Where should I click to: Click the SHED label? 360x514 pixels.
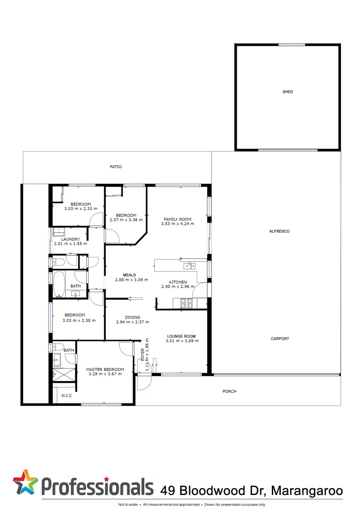tap(288, 92)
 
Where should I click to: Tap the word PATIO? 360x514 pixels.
tap(116, 167)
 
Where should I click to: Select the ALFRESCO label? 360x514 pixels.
tap(280, 231)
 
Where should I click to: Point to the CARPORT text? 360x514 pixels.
tap(280, 339)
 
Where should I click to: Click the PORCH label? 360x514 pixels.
tap(230, 392)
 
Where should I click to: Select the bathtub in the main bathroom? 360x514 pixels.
tap(60, 284)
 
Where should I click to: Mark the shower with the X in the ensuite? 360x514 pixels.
tap(64, 374)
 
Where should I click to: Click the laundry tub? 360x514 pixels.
tap(59, 232)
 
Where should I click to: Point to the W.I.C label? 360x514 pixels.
tap(66, 395)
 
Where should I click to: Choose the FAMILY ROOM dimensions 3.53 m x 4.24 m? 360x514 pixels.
tap(177, 224)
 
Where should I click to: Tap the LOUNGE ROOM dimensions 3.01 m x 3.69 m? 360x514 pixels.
tap(182, 341)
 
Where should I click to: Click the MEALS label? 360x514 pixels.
tap(130, 275)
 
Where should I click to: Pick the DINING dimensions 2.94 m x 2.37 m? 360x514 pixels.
tap(132, 322)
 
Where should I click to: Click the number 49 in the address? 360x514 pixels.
tap(166, 490)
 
